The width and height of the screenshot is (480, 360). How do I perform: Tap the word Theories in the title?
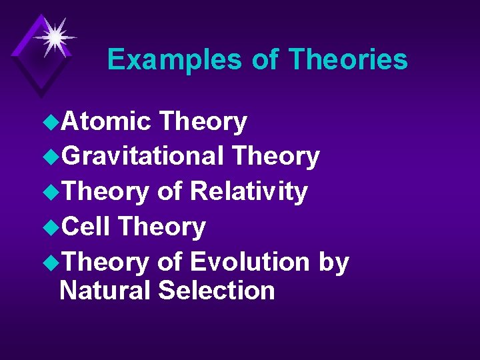click(348, 60)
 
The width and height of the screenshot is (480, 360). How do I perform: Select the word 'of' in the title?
click(265, 60)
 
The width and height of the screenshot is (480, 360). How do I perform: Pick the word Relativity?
click(249, 192)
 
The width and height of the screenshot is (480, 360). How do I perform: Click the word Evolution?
click(250, 262)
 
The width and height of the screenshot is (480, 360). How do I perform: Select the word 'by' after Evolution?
click(333, 263)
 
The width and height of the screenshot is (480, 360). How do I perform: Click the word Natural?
click(106, 291)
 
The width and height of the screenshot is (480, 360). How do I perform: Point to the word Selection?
click(217, 291)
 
